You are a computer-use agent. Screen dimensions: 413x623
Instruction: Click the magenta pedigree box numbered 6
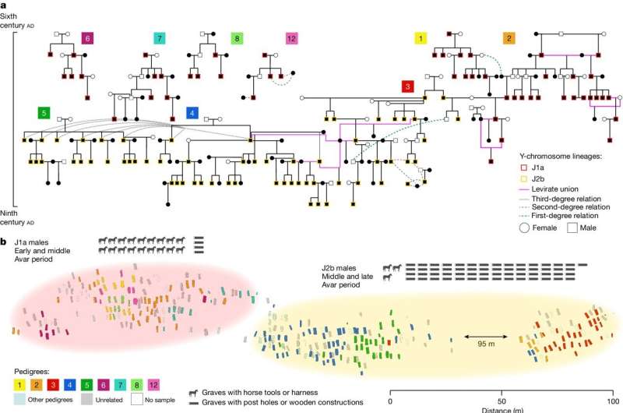click(x=88, y=38)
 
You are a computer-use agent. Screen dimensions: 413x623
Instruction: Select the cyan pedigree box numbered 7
click(x=160, y=38)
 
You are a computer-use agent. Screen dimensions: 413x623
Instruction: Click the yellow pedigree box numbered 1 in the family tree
click(x=421, y=38)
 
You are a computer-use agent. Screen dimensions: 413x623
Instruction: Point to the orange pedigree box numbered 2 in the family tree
click(x=509, y=38)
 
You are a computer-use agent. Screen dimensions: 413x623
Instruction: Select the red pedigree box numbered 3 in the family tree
click(x=407, y=86)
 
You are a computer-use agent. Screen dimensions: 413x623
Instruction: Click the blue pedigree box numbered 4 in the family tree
click(x=192, y=113)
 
